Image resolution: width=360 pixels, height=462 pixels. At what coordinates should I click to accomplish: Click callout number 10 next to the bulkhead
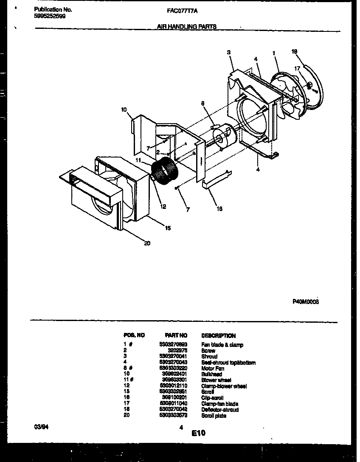124,110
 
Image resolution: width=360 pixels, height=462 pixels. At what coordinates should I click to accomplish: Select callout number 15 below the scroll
168,228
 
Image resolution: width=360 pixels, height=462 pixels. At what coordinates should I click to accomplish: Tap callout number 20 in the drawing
147,243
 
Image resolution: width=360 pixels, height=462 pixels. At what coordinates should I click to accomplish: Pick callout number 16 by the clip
219,208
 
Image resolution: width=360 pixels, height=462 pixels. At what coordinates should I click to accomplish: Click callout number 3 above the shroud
228,52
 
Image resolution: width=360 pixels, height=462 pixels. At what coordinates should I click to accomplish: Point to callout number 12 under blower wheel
163,207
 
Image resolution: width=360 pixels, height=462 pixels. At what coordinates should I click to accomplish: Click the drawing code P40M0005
306,301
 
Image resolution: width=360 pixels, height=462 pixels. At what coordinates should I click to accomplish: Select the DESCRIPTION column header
218,335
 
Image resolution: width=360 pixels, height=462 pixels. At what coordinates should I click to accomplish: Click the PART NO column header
176,335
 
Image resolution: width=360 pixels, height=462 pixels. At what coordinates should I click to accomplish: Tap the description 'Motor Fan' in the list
213,369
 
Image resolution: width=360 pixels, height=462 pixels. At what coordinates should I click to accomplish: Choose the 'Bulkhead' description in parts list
211,375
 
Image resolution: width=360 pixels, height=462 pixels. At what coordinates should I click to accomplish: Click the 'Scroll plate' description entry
214,416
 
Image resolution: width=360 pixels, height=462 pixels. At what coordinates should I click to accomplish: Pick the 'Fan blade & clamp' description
222,345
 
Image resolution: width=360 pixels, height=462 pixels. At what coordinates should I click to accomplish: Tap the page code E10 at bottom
198,433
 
